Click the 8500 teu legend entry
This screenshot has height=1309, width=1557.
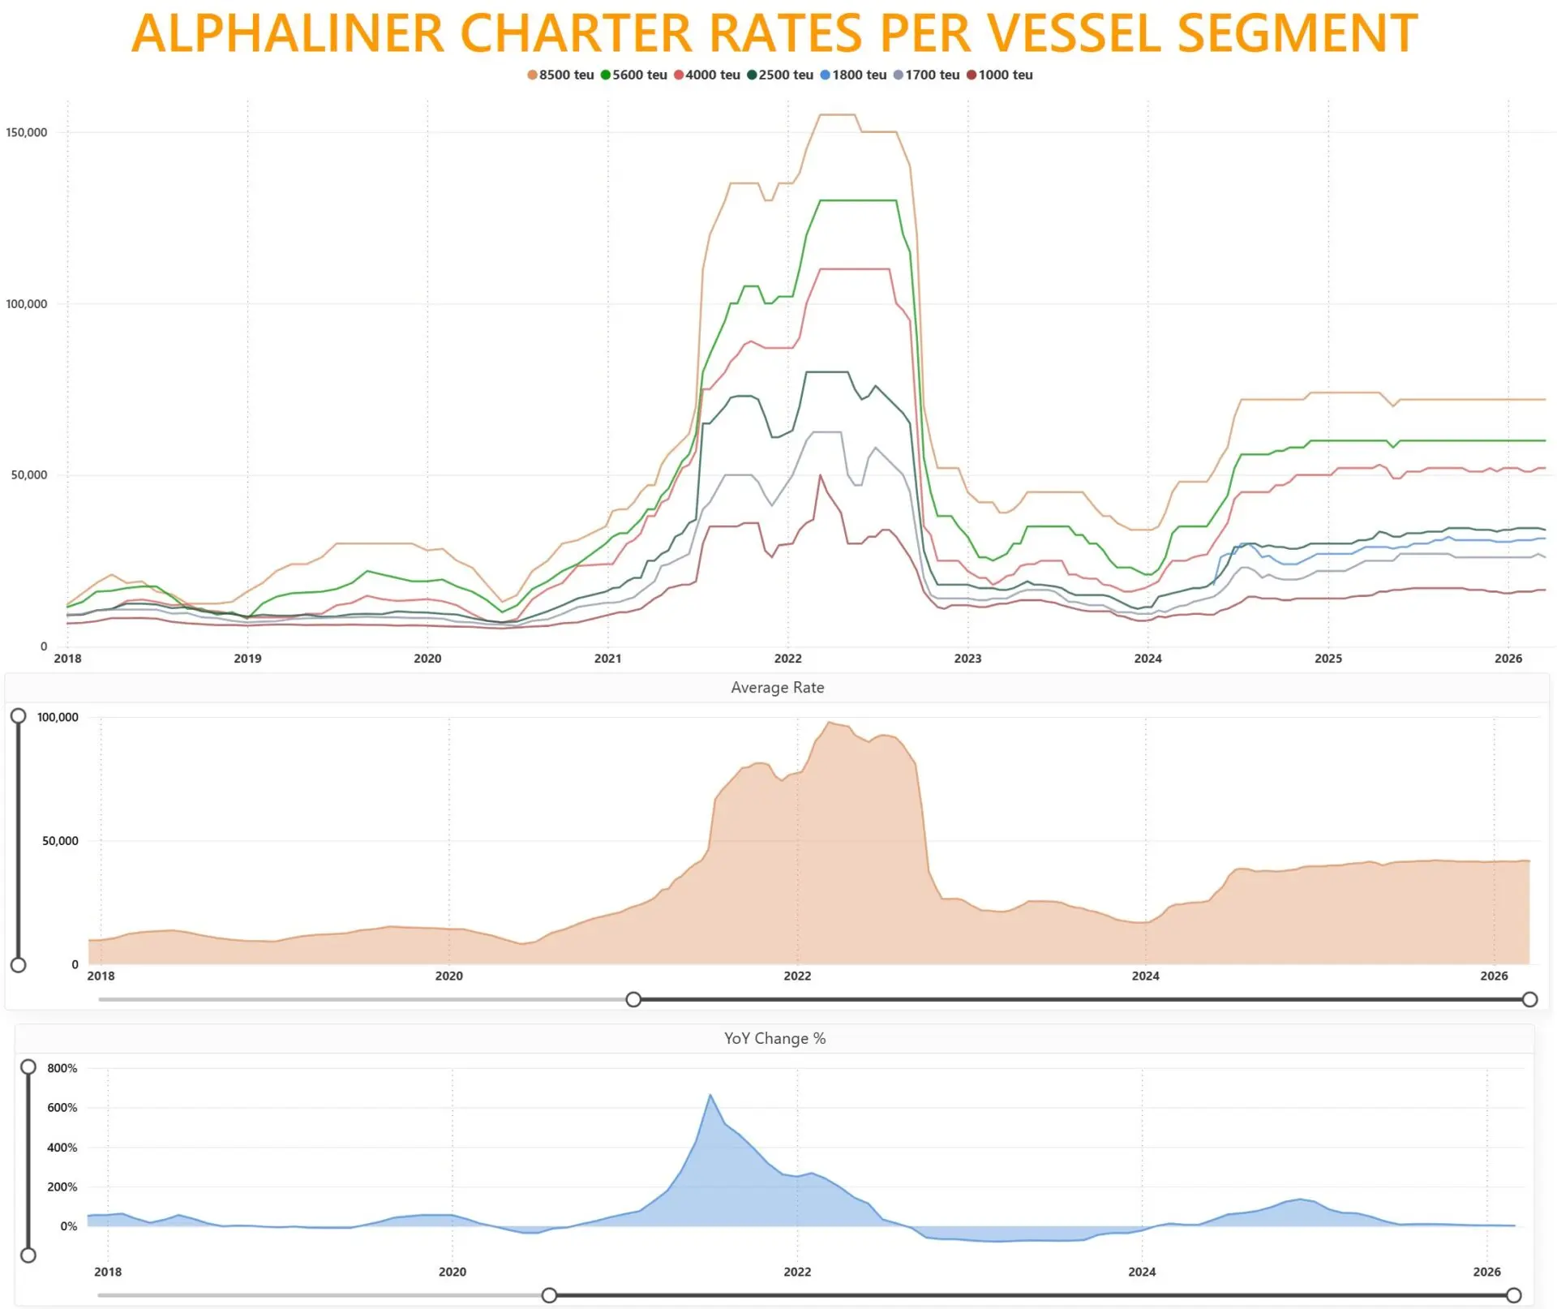pyautogui.click(x=560, y=75)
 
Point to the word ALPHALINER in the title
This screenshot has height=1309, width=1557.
pyautogui.click(x=288, y=34)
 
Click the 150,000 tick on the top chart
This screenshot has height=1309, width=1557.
pyautogui.click(x=27, y=132)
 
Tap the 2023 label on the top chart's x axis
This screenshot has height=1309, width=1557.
pyautogui.click(x=967, y=659)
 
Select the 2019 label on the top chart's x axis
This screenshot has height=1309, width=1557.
pyautogui.click(x=247, y=659)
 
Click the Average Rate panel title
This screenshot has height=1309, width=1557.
pyautogui.click(x=777, y=688)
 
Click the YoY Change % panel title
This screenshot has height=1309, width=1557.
pyautogui.click(x=774, y=1039)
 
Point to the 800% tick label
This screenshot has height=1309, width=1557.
pyautogui.click(x=62, y=1068)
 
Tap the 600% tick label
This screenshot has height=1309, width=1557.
pyautogui.click(x=62, y=1108)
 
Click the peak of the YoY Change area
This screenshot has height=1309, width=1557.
pyautogui.click(x=710, y=1096)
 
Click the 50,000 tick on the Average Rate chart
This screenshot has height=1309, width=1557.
pyautogui.click(x=60, y=841)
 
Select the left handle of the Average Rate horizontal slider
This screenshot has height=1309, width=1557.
pyautogui.click(x=633, y=999)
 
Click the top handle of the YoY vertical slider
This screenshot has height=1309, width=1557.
pyautogui.click(x=28, y=1067)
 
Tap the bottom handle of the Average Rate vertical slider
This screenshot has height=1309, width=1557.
pyautogui.click(x=18, y=965)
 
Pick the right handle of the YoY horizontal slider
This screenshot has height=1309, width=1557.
pyautogui.click(x=1513, y=1295)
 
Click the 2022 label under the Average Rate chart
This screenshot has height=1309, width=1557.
pyautogui.click(x=797, y=976)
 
